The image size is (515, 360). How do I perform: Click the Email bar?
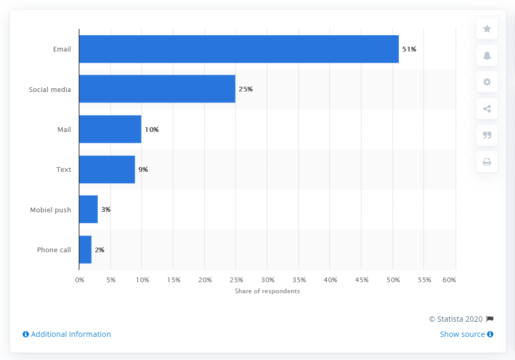click(x=239, y=49)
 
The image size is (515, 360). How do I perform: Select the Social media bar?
click(x=157, y=89)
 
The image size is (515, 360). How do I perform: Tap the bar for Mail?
click(x=110, y=129)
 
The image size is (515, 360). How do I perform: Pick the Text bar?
click(x=107, y=170)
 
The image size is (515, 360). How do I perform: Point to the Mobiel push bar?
click(x=88, y=210)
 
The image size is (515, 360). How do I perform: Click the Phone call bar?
click(x=85, y=250)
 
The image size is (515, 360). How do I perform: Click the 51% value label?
click(x=409, y=49)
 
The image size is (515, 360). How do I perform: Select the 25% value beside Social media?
click(x=246, y=89)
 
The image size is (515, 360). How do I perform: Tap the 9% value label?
click(x=143, y=170)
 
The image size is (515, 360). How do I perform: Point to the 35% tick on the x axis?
click(x=299, y=280)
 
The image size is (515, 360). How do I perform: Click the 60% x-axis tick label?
click(x=449, y=280)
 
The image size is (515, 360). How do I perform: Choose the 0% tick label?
click(x=79, y=280)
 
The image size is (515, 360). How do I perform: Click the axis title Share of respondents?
click(x=267, y=291)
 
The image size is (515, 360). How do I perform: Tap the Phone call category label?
click(x=54, y=250)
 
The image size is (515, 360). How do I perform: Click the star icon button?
click(x=487, y=29)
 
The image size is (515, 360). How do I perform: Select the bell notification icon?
click(x=487, y=56)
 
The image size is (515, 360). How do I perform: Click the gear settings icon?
click(x=487, y=82)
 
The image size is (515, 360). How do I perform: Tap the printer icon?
click(x=487, y=162)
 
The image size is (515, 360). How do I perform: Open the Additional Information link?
click(x=67, y=334)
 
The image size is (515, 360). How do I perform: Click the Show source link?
click(x=466, y=334)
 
